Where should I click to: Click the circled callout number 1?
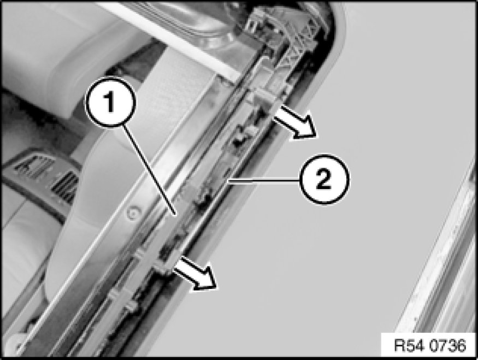coord(110,102)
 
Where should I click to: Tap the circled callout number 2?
coord(324,179)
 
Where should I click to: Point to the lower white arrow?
coord(196,273)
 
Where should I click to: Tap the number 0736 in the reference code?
coord(448,345)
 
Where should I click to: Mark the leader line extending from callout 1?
coord(149,170)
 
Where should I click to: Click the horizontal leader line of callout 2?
coord(264,181)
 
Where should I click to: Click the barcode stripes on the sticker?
coord(64,186)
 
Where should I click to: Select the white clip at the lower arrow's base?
coord(163,265)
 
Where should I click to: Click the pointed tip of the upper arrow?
coord(317,135)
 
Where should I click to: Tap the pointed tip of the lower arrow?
coord(217,286)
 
